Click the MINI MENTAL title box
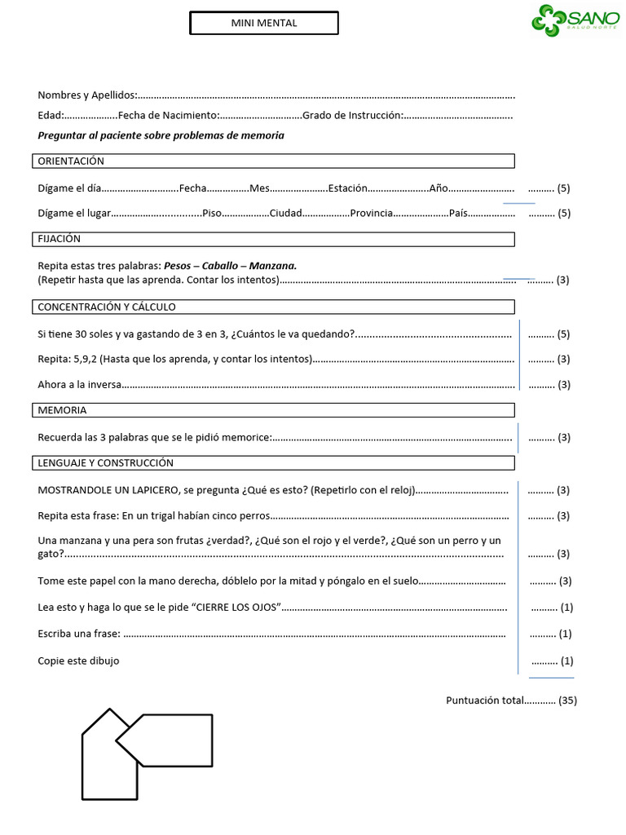(264, 24)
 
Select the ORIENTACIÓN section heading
(72, 161)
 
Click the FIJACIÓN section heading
(60, 239)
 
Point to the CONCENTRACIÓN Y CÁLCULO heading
(107, 307)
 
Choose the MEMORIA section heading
(62, 410)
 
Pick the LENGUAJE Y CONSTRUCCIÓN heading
(106, 463)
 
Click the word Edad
(50, 116)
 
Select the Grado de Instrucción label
(352, 116)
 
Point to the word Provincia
(373, 214)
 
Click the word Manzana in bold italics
(273, 266)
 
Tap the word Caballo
(220, 266)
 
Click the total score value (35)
(568, 700)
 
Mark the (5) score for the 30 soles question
(563, 334)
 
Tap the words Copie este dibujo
(78, 660)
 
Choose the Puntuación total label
(484, 700)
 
